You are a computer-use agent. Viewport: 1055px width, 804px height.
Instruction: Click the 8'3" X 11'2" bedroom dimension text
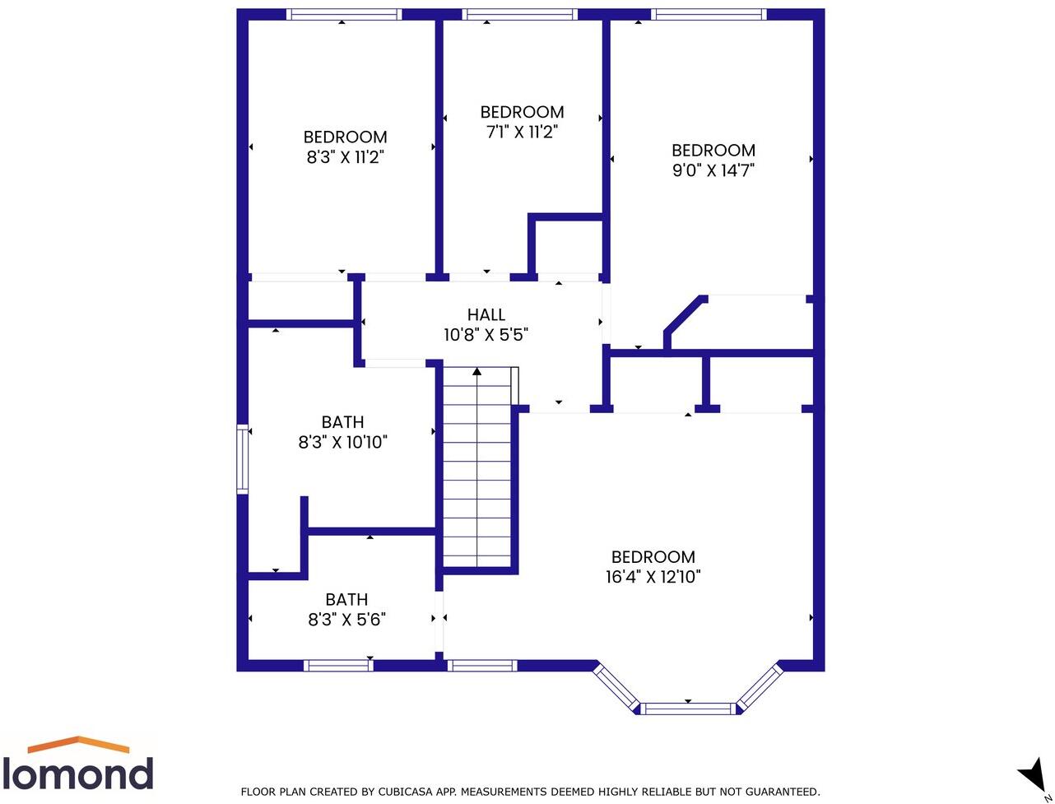pyautogui.click(x=345, y=157)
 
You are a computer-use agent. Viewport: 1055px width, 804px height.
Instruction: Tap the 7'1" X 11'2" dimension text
pyautogui.click(x=522, y=132)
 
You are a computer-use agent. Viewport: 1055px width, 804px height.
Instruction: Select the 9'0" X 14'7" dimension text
pyautogui.click(x=713, y=170)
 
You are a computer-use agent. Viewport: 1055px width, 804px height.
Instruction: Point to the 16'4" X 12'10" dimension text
pyautogui.click(x=653, y=577)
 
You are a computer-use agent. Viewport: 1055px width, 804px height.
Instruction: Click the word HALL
pyautogui.click(x=486, y=314)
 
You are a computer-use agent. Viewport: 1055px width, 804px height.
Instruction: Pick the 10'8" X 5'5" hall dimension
pyautogui.click(x=486, y=335)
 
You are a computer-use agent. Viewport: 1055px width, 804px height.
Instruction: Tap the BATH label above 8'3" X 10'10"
pyautogui.click(x=342, y=422)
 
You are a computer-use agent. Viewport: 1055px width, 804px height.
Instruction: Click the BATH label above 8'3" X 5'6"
pyautogui.click(x=346, y=600)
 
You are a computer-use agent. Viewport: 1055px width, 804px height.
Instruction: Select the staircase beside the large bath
pyautogui.click(x=477, y=469)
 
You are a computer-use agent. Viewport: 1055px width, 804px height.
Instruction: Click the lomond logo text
pyautogui.click(x=77, y=774)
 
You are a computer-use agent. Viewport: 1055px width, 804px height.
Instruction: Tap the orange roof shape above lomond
pyautogui.click(x=78, y=745)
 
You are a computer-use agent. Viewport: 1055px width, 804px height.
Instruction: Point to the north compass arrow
pyautogui.click(x=1032, y=777)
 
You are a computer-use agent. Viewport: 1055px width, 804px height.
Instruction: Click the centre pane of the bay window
pyautogui.click(x=688, y=709)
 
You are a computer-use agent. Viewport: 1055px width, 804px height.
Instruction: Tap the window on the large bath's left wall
pyautogui.click(x=243, y=458)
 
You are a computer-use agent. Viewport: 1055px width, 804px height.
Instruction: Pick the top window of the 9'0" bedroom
pyautogui.click(x=709, y=14)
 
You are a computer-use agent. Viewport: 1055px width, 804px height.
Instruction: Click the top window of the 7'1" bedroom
pyautogui.click(x=520, y=14)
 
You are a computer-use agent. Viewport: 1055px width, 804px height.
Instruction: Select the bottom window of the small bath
pyautogui.click(x=338, y=666)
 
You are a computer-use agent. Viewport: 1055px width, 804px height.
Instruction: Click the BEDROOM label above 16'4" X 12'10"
pyautogui.click(x=653, y=557)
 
